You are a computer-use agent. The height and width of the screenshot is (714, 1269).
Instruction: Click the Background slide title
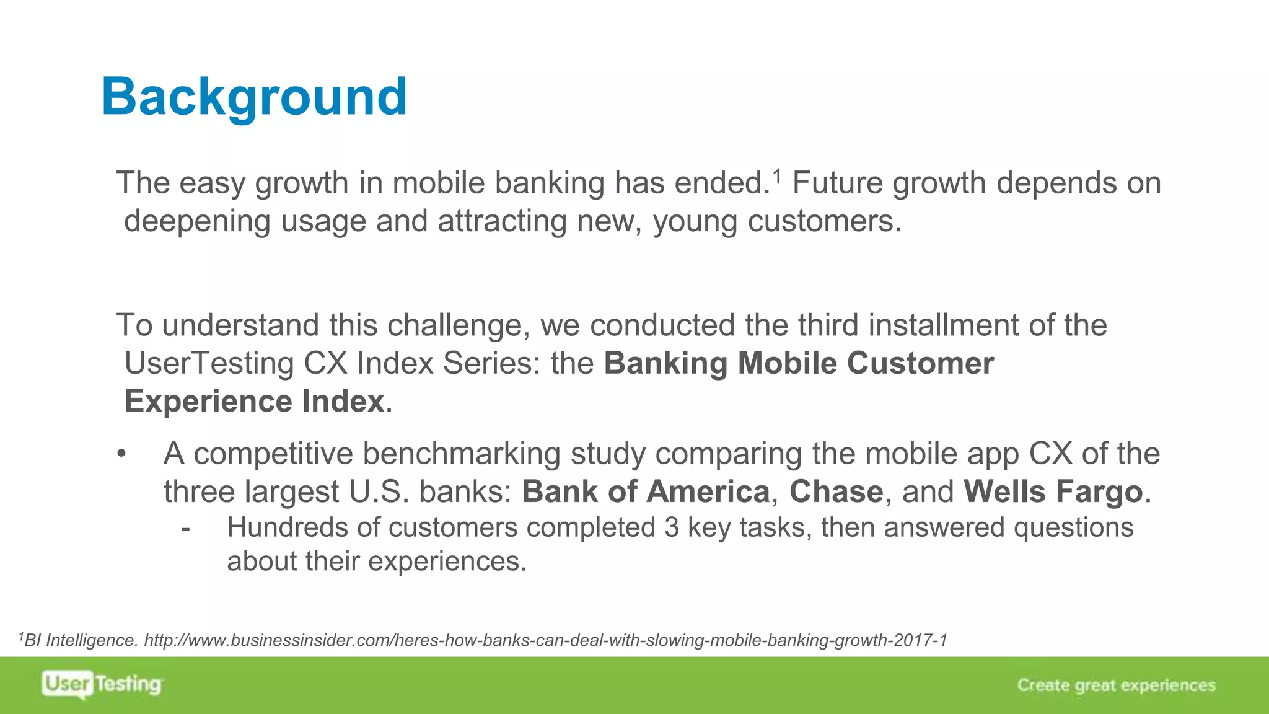pos(254,97)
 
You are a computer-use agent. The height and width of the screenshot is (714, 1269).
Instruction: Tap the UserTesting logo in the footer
pos(102,684)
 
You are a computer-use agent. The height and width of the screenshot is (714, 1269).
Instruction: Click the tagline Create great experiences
pos(1116,685)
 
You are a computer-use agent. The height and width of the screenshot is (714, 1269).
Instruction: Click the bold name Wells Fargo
pos(1053,491)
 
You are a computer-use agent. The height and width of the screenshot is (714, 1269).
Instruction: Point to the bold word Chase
pos(836,491)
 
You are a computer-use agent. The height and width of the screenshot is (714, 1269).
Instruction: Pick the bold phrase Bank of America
pos(645,491)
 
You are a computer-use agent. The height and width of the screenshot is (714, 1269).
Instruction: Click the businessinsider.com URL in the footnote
pos(545,640)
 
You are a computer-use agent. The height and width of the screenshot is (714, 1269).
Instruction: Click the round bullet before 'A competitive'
pos(121,454)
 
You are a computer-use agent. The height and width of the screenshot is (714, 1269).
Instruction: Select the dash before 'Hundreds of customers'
pos(185,529)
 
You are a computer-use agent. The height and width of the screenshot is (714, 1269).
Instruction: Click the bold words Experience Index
pos(254,401)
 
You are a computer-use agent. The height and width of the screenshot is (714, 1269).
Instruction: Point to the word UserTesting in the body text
pos(209,363)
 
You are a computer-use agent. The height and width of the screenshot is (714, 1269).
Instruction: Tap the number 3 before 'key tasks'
pos(672,528)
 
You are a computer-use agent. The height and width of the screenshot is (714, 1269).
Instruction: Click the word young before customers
pos(695,222)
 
